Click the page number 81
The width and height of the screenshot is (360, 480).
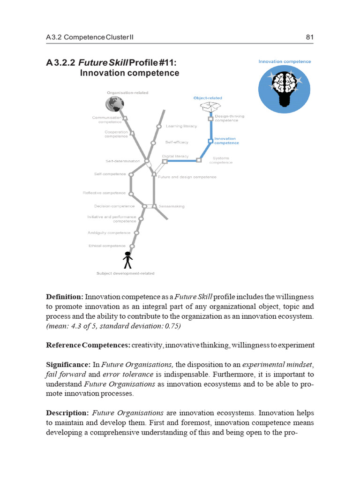pyautogui.click(x=309, y=37)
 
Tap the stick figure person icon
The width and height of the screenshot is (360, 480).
pyautogui.click(x=127, y=260)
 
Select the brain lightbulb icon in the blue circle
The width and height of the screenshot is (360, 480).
pyautogui.click(x=285, y=88)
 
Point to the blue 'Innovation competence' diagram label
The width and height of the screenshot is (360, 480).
pyautogui.click(x=226, y=141)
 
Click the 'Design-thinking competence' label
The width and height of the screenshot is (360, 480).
pyautogui.click(x=229, y=118)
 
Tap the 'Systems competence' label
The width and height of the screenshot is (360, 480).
pyautogui.click(x=220, y=160)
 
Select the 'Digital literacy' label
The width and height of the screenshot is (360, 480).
pyautogui.click(x=175, y=156)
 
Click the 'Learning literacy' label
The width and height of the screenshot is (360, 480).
pyautogui.click(x=181, y=126)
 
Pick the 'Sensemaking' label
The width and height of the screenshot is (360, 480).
pyautogui.click(x=172, y=206)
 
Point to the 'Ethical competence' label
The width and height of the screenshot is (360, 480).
pyautogui.click(x=107, y=246)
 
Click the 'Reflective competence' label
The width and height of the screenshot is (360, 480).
pyautogui.click(x=104, y=193)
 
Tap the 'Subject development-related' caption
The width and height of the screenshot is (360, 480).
pyautogui.click(x=125, y=273)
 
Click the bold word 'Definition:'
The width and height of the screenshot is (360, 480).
pyautogui.click(x=65, y=297)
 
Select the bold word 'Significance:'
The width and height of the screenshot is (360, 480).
pyautogui.click(x=67, y=364)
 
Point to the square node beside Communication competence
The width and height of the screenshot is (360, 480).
pyautogui.click(x=125, y=119)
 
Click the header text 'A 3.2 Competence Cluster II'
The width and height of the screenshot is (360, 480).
pyautogui.click(x=89, y=37)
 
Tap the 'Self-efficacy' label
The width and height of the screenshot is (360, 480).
pyautogui.click(x=177, y=142)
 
